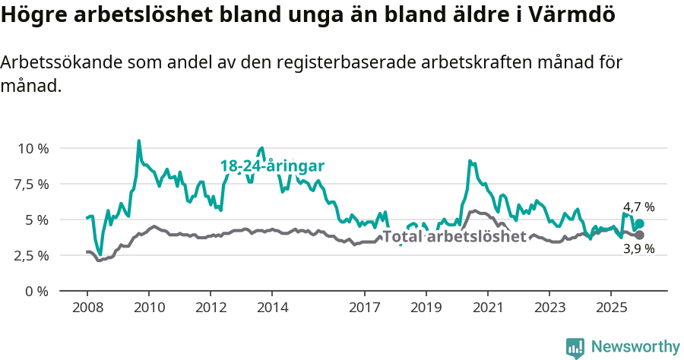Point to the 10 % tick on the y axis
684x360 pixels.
pos(33,148)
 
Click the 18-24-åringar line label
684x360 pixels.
pos(273,166)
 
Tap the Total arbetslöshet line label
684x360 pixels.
pos(454,236)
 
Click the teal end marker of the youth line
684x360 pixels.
pos(639,223)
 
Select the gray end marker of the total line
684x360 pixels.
pos(639,235)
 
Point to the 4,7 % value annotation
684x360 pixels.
pos(638,207)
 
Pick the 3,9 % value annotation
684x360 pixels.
pos(638,249)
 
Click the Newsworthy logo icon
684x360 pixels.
pos(575,348)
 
